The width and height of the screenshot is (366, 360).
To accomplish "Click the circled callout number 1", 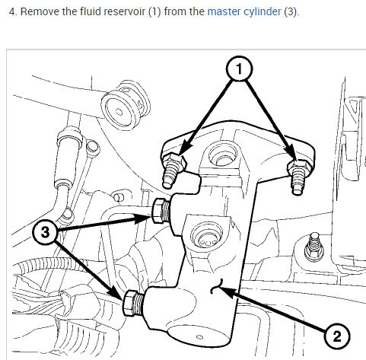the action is tap(239, 69).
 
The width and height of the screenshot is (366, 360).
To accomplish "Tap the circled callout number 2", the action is tap(337, 336).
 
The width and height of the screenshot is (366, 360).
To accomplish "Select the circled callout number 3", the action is tap(46, 232).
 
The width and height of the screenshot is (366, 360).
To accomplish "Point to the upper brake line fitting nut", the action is tap(158, 211).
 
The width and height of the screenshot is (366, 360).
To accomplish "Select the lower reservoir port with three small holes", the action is tap(207, 236).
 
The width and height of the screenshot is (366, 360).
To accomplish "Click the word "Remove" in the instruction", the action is tap(40, 11).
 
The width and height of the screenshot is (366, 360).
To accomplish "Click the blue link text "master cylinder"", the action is tap(244, 11).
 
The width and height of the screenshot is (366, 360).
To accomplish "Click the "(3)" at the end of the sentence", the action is tap(291, 11).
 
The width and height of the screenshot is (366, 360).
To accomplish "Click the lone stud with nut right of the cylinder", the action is tap(314, 247).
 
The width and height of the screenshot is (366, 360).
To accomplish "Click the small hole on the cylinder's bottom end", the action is tap(199, 337).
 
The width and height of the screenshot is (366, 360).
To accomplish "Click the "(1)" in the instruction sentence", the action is tap(154, 11).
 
